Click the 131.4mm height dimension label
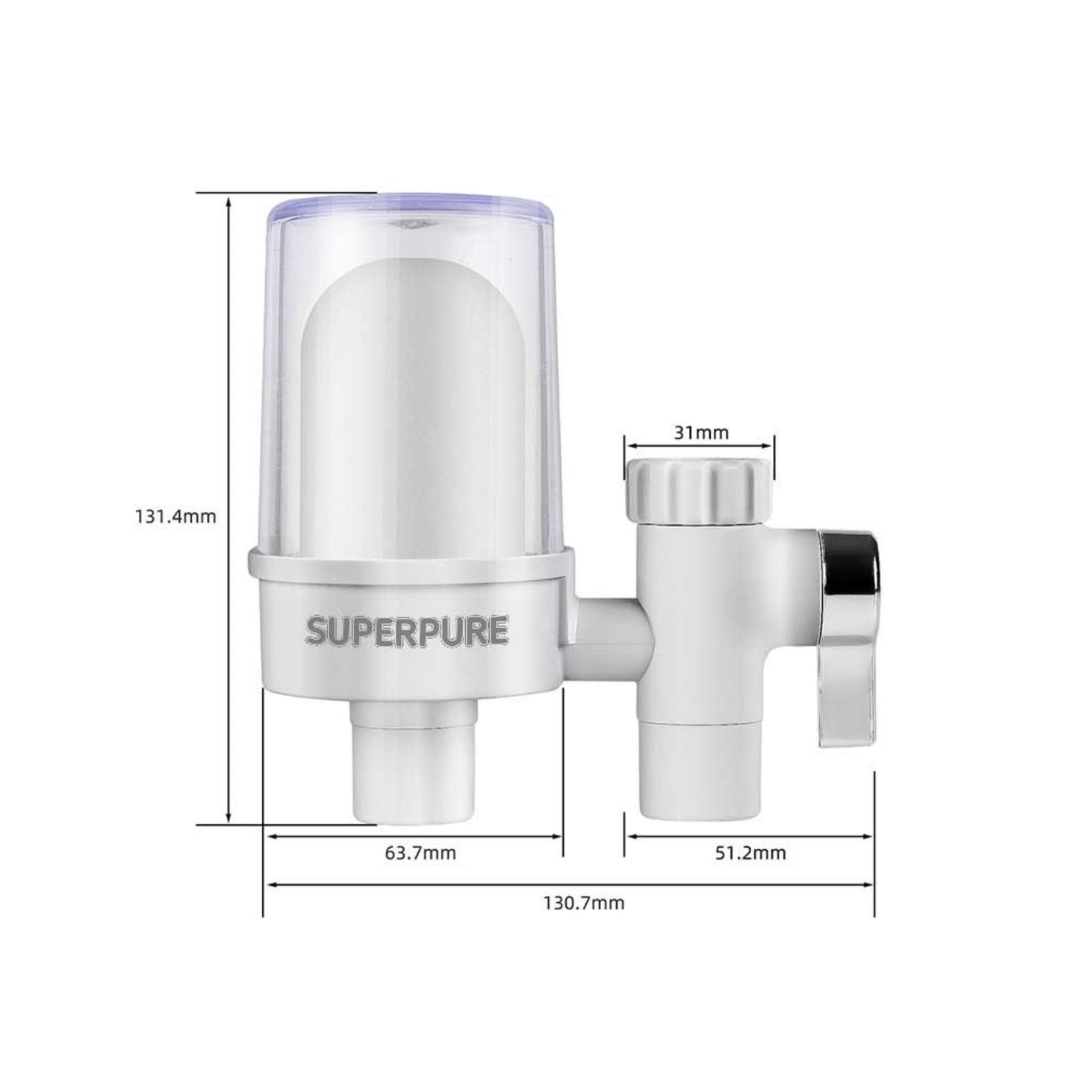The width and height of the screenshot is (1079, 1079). [x=175, y=516]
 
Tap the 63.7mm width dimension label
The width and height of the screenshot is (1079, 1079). [x=420, y=852]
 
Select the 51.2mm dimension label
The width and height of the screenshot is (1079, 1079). [x=750, y=852]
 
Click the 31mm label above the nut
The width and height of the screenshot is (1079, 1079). [x=701, y=432]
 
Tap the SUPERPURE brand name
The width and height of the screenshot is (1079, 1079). [x=407, y=630]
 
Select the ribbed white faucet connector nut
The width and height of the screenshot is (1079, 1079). [x=698, y=489]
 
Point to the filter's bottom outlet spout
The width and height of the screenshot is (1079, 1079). [x=412, y=762]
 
